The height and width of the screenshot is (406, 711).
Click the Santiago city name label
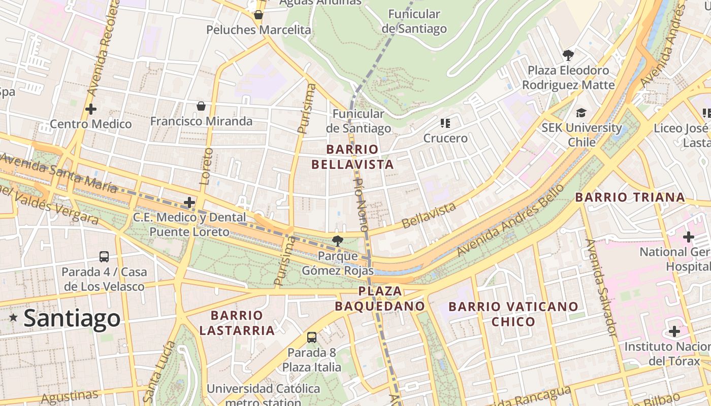[72, 318]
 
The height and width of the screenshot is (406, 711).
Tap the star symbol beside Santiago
[13, 318]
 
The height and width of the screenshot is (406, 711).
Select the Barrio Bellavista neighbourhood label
[352, 157]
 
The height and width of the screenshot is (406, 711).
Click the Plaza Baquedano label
[380, 298]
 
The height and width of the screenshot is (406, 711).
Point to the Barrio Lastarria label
[237, 323]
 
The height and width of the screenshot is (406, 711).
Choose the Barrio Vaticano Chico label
[513, 314]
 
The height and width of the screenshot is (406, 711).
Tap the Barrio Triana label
[630, 197]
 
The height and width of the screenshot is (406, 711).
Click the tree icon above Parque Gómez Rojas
[337, 241]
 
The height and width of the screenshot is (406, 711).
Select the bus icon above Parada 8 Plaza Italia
[312, 337]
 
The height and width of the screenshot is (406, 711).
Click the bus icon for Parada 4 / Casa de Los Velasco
[104, 257]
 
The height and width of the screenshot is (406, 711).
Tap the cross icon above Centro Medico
[91, 109]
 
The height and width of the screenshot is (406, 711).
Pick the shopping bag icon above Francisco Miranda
[201, 106]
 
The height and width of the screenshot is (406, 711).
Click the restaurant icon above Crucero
[445, 123]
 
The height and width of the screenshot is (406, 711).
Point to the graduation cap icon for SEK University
[581, 113]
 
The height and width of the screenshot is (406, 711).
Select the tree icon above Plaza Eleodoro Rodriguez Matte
[568, 55]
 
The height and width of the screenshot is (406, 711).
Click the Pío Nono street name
[361, 205]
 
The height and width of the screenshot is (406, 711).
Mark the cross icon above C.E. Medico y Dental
[189, 202]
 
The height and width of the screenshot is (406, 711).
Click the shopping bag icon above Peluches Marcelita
[258, 15]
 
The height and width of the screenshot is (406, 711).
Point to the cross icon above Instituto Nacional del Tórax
[674, 331]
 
